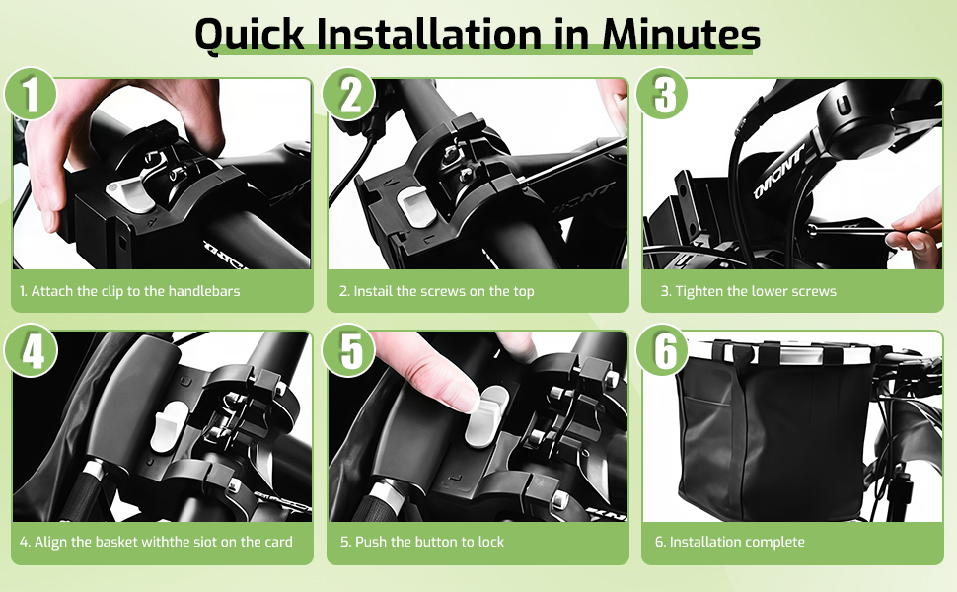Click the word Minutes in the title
coord(681,34)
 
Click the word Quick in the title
coord(249,36)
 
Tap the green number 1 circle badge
coord(31,94)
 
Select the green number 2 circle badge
coord(348,94)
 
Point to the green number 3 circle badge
coord(663,94)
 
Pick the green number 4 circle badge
coord(31,350)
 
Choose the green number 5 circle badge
coord(348,350)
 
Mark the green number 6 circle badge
coord(663,350)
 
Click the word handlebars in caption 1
coord(204,291)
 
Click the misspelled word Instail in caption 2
coord(373,291)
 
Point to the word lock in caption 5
coord(490,542)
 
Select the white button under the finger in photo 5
coord(485,417)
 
